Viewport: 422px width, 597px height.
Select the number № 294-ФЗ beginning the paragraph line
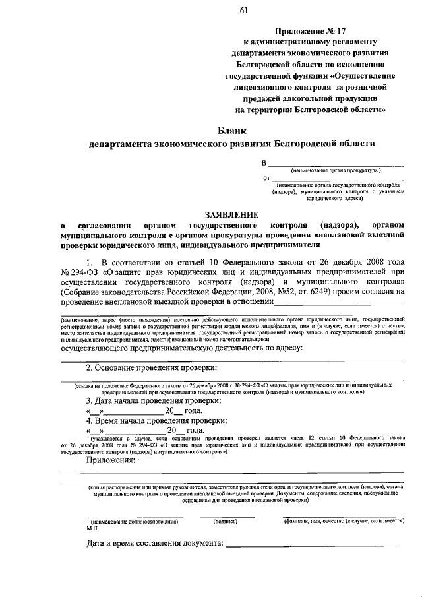point(78,270)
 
